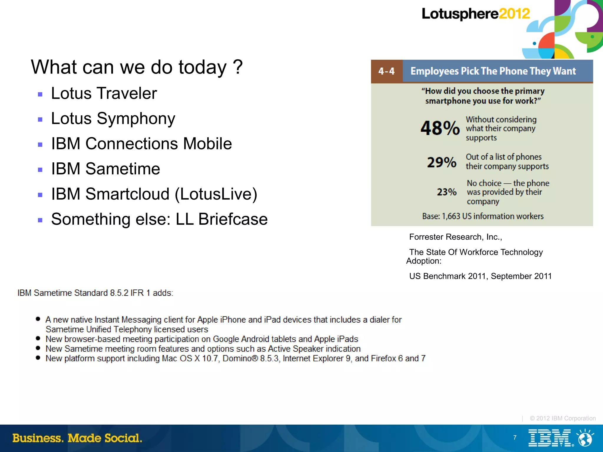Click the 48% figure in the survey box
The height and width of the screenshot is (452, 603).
tap(440, 128)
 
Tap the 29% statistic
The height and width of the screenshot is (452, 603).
tap(442, 162)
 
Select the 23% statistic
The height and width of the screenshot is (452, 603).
tap(446, 192)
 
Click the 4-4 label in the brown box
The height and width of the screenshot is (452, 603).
tap(386, 71)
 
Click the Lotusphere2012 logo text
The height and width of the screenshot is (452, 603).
tap(476, 14)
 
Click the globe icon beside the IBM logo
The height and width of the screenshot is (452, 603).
tap(585, 438)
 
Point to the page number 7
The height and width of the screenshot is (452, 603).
tap(515, 438)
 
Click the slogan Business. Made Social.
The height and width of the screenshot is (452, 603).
tap(77, 438)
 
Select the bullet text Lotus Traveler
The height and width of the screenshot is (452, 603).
tap(104, 94)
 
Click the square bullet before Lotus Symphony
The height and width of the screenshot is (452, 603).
tap(40, 120)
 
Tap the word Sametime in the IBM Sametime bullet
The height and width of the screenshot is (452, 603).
tap(122, 169)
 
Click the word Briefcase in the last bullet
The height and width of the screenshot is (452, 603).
tap(233, 219)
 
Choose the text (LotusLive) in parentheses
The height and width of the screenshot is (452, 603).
tap(216, 194)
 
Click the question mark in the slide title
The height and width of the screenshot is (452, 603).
tap(237, 67)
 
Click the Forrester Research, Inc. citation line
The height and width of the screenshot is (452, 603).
tap(455, 237)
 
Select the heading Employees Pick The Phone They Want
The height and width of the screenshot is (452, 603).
tap(493, 71)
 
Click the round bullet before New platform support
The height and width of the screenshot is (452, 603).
tap(38, 358)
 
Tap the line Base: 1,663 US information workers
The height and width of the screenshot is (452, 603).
tap(483, 216)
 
